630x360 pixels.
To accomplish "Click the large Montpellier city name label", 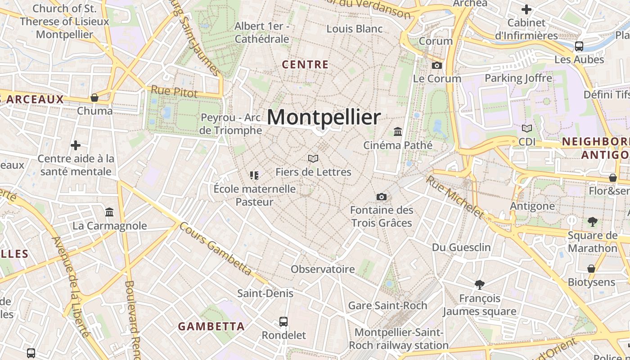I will [x=324, y=117].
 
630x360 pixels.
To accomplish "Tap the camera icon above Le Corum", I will [x=436, y=65].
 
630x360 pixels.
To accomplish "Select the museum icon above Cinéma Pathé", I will [x=398, y=132].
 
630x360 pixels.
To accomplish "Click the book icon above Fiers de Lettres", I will [x=313, y=158].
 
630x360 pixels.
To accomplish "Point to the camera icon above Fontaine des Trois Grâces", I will [x=381, y=197].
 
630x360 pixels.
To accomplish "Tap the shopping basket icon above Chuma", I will [x=94, y=98].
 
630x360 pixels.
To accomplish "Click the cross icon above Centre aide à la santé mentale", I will [x=76, y=145].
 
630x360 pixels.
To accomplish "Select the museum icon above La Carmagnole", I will [x=109, y=212].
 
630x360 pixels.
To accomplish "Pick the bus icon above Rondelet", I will [x=283, y=322].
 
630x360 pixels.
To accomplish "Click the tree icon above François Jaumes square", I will [x=479, y=284].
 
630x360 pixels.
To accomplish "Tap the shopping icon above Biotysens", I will [x=591, y=269].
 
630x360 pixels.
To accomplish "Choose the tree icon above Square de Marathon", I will [x=592, y=221].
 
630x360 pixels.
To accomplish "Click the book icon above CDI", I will [x=527, y=128].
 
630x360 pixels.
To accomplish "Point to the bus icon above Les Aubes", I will [x=579, y=46].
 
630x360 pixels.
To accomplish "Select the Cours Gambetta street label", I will [x=215, y=248].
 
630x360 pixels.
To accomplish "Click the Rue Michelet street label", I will [x=454, y=197].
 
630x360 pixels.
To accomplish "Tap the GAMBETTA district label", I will [x=211, y=326].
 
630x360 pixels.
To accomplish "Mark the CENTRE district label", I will [x=305, y=65].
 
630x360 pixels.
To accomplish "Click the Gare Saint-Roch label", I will [x=387, y=306].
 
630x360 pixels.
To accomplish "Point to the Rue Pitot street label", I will [x=174, y=91].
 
